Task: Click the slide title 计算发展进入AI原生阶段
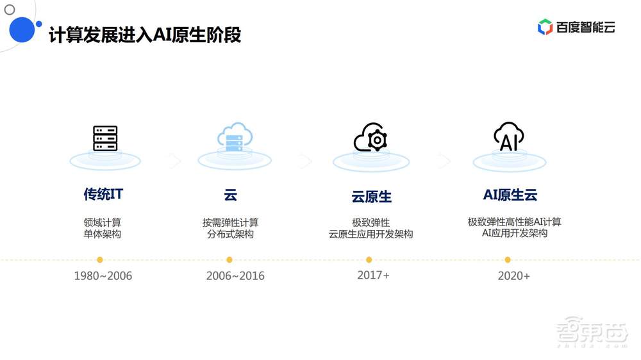pyautogui.click(x=146, y=35)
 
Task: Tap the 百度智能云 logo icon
pyautogui.click(x=545, y=27)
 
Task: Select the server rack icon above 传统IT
pyautogui.click(x=105, y=138)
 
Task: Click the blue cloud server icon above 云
pyautogui.click(x=235, y=136)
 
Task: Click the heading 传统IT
pyautogui.click(x=103, y=194)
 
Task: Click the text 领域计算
pyautogui.click(x=103, y=222)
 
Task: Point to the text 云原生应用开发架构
pyautogui.click(x=370, y=234)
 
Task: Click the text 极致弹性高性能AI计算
pyautogui.click(x=514, y=222)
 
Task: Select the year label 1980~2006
pyautogui.click(x=103, y=276)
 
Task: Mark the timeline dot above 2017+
pyautogui.click(x=369, y=260)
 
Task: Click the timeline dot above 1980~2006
pyautogui.click(x=100, y=260)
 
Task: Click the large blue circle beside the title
pyautogui.click(x=21, y=29)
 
